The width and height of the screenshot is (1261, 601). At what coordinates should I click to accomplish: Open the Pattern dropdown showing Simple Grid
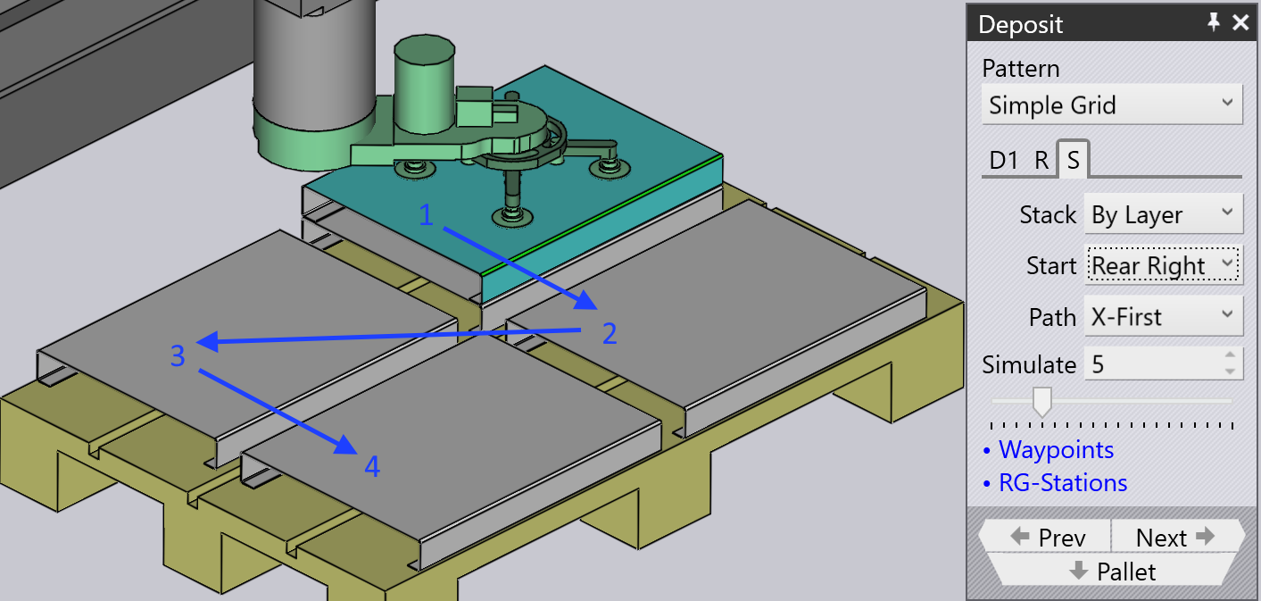pos(1111,104)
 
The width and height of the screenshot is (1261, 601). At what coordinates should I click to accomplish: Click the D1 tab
pos(1004,161)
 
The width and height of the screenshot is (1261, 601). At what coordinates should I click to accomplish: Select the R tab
pos(1041,161)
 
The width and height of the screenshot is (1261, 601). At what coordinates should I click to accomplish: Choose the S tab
pos(1074,160)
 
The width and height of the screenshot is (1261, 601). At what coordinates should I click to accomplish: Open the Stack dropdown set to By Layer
pos(1163,214)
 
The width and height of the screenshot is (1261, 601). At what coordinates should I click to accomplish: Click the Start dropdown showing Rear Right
pos(1163,265)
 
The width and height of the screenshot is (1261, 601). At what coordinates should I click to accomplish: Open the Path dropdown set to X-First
pos(1163,317)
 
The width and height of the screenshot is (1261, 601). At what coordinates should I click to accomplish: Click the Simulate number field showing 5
pos(1163,364)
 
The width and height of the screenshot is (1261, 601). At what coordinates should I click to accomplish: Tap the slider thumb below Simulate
pos(1042,402)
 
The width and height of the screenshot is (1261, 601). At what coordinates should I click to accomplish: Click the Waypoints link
pos(1056,449)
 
